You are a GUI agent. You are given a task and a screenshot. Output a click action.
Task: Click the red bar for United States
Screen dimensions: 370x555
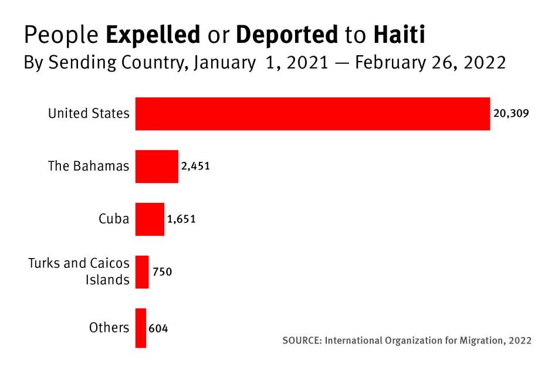(312, 114)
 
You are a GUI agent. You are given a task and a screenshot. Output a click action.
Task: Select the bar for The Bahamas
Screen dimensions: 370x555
(157, 167)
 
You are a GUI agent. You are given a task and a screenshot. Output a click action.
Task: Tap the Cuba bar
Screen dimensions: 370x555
(150, 219)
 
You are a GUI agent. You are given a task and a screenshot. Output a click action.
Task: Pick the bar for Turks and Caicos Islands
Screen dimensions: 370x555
(142, 272)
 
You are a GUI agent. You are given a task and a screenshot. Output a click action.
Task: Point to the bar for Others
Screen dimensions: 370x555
(141, 328)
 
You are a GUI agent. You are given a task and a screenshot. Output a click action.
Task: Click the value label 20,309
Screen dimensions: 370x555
(511, 114)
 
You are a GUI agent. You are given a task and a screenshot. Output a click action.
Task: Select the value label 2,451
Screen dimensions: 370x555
(195, 167)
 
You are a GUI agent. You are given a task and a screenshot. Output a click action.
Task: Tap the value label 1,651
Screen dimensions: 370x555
(181, 219)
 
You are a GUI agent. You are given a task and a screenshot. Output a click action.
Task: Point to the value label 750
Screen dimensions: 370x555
(163, 272)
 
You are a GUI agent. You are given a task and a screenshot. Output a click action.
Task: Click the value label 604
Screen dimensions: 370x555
(158, 328)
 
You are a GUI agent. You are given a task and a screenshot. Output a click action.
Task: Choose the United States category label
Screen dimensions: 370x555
(89, 114)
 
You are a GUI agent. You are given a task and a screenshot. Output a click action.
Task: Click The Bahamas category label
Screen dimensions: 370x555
(88, 167)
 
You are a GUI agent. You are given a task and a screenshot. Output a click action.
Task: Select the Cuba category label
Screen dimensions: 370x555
(114, 219)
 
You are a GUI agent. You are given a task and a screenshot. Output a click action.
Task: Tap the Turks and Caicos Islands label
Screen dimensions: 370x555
(79, 271)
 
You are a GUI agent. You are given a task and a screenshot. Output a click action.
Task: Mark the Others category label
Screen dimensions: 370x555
(109, 328)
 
